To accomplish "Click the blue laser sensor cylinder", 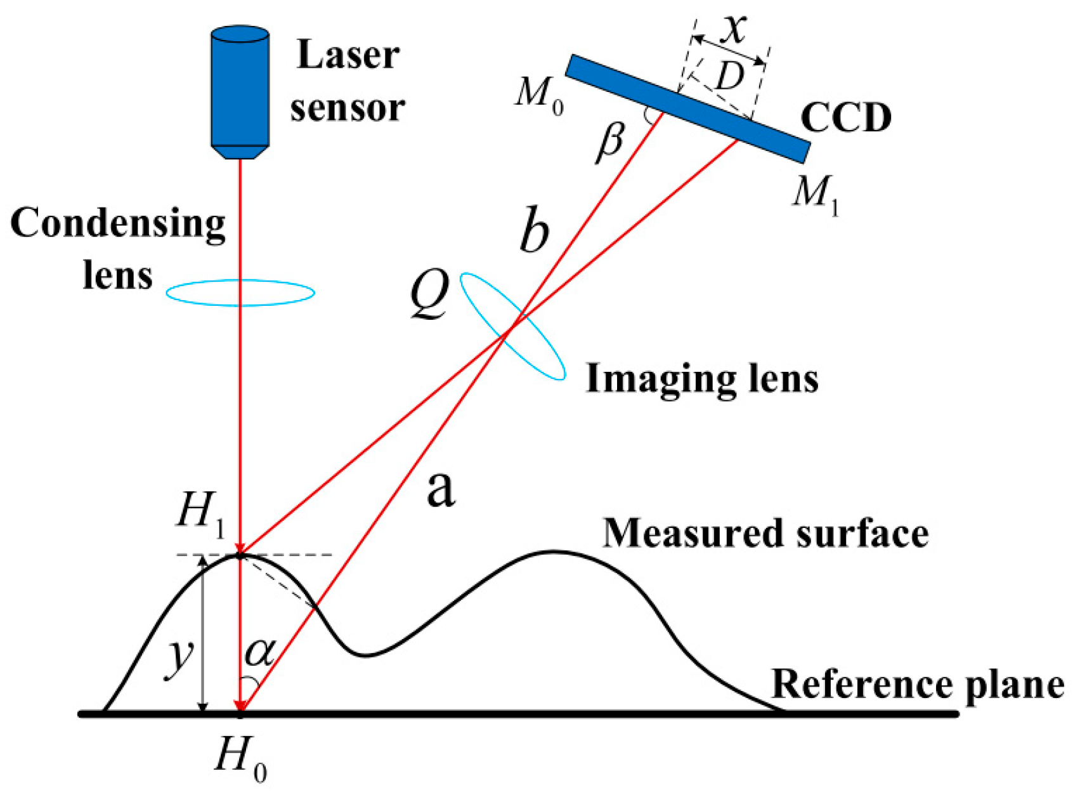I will [240, 89].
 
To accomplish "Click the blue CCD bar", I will [687, 109].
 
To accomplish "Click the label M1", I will [816, 193].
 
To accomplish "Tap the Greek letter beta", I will [611, 142].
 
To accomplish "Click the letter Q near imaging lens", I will [429, 294].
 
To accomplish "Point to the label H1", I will [200, 511].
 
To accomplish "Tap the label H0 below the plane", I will [240, 758].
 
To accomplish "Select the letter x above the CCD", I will [734, 28].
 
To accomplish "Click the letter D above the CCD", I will [730, 77].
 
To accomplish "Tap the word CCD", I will [845, 118].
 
